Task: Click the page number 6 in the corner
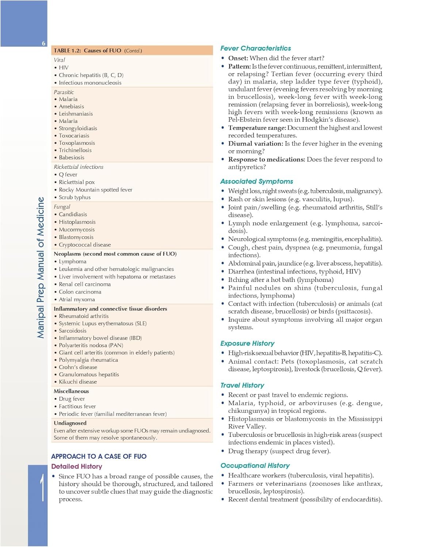click(x=43, y=43)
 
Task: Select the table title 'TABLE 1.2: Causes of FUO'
click(x=87, y=51)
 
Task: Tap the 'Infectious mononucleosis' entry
click(x=90, y=83)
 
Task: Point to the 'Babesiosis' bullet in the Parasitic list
click(x=72, y=158)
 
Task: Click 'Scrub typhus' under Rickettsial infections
click(x=75, y=197)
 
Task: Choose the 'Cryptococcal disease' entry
click(x=85, y=245)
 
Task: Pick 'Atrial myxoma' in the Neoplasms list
click(x=77, y=299)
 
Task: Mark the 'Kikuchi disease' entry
click(x=78, y=382)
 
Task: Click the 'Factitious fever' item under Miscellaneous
click(x=77, y=406)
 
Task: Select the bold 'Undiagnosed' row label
click(x=70, y=423)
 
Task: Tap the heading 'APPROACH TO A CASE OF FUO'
click(x=99, y=456)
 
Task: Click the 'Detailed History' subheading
click(x=77, y=466)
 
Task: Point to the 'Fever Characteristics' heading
click(x=256, y=48)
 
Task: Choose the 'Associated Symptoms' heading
click(x=257, y=181)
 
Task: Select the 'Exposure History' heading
click(x=247, y=343)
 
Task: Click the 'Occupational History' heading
click(x=255, y=465)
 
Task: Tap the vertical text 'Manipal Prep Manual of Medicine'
click(x=41, y=267)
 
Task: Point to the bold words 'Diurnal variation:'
click(x=256, y=144)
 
